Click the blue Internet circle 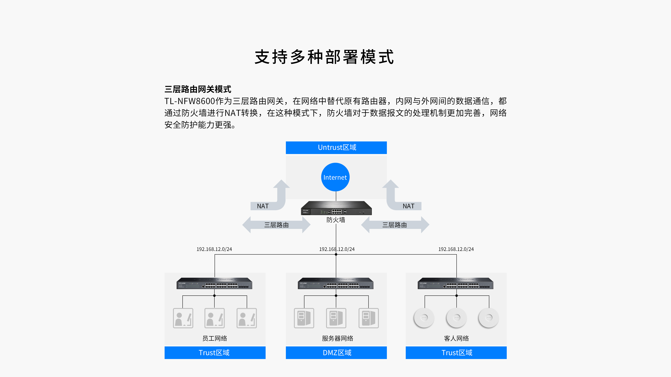pos(335,177)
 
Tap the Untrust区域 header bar pos(336,147)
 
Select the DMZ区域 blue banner pos(336,353)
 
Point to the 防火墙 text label pos(336,220)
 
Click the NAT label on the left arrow pos(263,206)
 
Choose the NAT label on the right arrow pos(408,206)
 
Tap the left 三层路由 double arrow pos(276,225)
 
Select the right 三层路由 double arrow pos(395,225)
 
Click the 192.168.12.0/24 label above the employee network pos(214,249)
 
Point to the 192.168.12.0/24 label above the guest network pos(456,249)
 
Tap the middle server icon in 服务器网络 pos(336,318)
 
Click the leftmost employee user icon pos(183,318)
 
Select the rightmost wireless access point pos(489,318)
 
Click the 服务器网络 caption pos(337,338)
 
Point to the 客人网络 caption pos(456,338)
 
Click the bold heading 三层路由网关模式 pos(198,89)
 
